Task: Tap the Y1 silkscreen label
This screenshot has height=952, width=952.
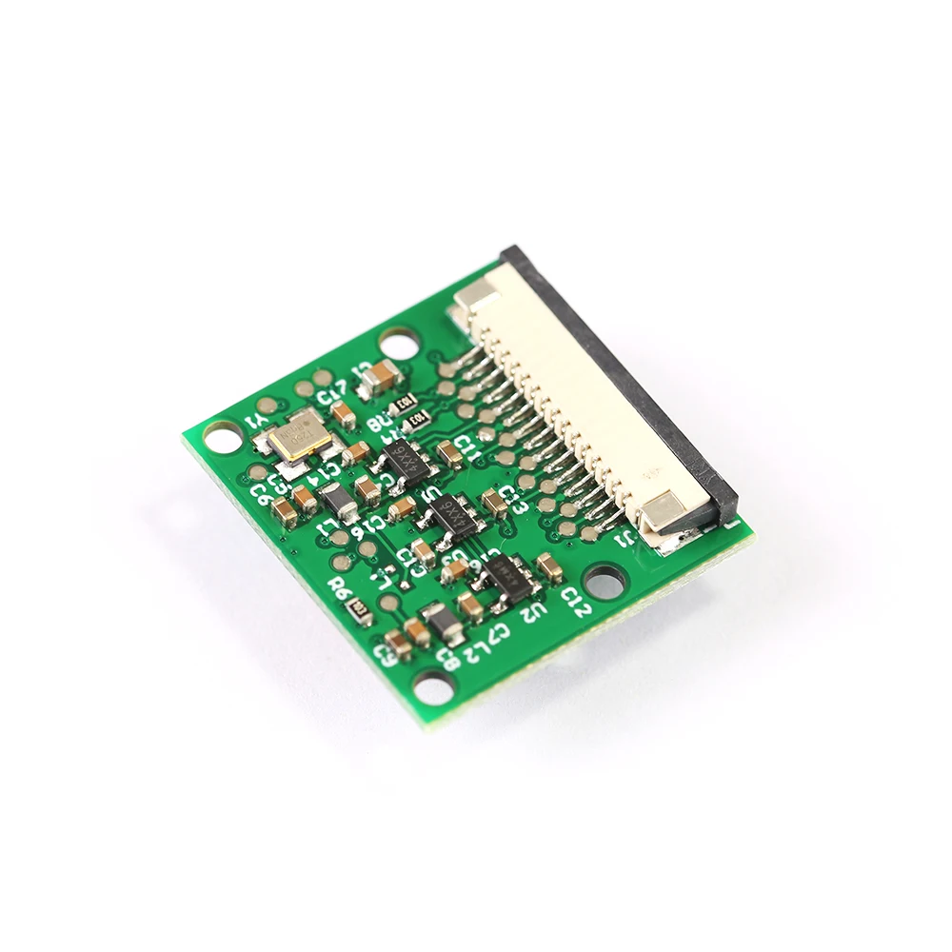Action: click(x=257, y=420)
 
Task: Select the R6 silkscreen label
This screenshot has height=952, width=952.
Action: click(x=340, y=590)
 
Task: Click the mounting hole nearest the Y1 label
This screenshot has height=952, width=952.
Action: click(x=221, y=438)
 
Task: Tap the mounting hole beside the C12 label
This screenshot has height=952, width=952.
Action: click(x=603, y=579)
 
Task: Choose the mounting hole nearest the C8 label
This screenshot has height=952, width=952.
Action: click(x=434, y=685)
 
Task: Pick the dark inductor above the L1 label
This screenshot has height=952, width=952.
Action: click(x=335, y=500)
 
